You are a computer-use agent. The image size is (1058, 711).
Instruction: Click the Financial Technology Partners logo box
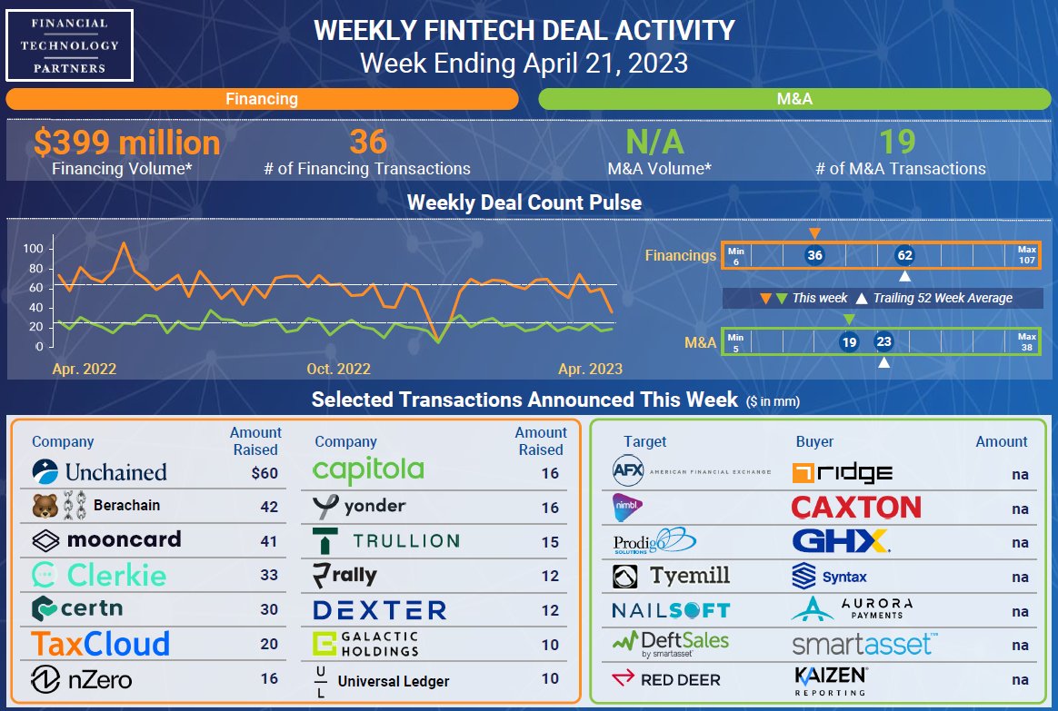(x=70, y=44)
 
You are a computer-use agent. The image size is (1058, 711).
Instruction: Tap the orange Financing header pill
(x=262, y=99)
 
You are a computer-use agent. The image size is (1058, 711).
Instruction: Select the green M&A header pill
(x=794, y=99)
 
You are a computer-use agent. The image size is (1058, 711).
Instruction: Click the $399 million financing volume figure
(x=126, y=143)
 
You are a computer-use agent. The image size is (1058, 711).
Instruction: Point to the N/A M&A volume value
(x=654, y=143)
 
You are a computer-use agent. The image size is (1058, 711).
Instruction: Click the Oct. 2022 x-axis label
(x=338, y=369)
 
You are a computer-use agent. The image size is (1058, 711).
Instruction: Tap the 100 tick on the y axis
(x=33, y=249)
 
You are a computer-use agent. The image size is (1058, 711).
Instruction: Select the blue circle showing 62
(x=903, y=255)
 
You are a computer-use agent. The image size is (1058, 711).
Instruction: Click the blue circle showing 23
(x=883, y=342)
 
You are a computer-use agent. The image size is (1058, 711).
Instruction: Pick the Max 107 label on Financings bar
(x=1026, y=255)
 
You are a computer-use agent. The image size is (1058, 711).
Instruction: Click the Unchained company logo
(x=99, y=471)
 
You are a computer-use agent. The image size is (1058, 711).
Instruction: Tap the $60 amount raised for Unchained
(x=264, y=473)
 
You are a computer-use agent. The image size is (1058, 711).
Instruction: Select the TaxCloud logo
(x=101, y=644)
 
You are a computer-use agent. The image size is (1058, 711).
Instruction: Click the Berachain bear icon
(x=44, y=506)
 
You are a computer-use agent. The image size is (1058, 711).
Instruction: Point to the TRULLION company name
(x=385, y=540)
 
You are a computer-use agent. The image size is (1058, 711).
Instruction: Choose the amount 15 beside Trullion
(x=550, y=542)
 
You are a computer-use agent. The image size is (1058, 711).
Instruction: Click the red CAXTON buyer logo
(x=855, y=507)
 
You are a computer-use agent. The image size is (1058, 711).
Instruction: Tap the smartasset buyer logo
(x=862, y=645)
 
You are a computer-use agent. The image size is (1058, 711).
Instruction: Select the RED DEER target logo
(x=667, y=679)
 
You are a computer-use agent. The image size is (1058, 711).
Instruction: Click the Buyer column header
(x=814, y=441)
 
